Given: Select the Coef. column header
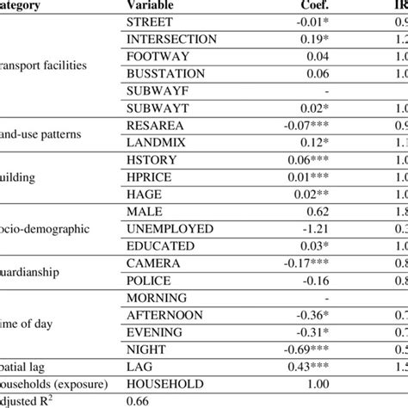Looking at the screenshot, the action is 304,5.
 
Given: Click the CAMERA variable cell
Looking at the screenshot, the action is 154,263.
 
